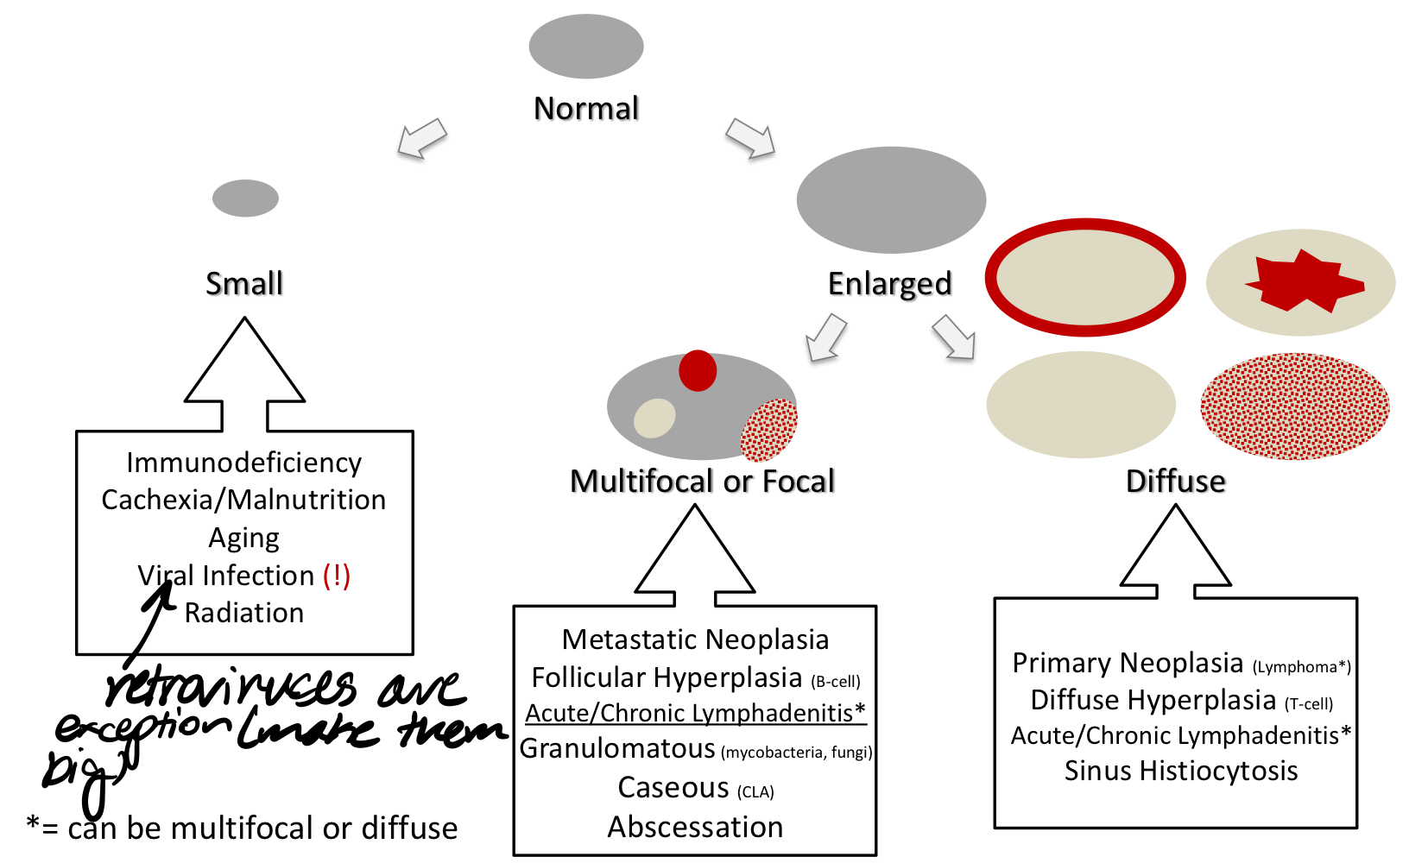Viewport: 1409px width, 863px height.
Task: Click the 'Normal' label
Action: [586, 109]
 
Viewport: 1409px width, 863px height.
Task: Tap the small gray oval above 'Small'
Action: [245, 198]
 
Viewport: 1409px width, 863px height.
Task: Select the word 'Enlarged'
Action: [889, 283]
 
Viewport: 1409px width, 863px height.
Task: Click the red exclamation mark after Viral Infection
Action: [337, 576]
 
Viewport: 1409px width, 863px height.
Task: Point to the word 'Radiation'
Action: [244, 613]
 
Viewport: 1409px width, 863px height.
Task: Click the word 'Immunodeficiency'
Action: [244, 463]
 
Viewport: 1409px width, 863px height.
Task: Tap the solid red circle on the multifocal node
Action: [698, 371]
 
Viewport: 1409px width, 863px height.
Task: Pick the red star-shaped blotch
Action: [1302, 280]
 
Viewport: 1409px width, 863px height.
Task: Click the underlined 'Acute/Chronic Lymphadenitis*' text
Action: [695, 713]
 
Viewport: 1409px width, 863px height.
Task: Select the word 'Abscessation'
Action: [695, 827]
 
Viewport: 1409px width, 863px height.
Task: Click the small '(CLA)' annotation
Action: [755, 791]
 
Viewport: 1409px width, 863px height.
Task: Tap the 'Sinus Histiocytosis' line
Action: [1180, 771]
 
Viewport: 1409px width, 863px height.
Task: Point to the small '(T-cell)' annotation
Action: [1309, 704]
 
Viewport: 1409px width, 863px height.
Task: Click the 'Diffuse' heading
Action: [1175, 481]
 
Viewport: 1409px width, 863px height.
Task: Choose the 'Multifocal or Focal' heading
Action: [703, 481]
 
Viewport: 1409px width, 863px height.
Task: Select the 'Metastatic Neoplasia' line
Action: [695, 639]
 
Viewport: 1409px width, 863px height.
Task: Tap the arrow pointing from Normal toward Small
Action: [422, 138]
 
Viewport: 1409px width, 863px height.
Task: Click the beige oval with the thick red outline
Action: [1085, 278]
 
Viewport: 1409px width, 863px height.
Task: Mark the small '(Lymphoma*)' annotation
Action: [1301, 667]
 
